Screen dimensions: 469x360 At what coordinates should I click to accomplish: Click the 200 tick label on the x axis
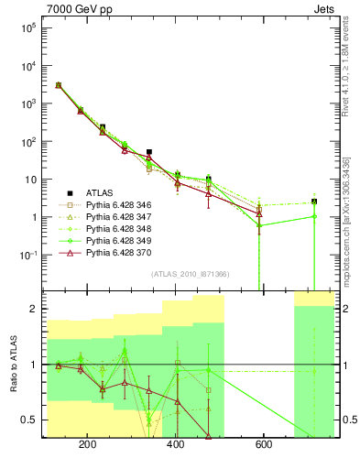pos(89,447)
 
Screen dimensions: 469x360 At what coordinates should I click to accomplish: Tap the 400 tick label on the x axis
pos(176,447)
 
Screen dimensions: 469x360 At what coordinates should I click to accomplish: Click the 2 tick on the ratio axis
pos(34,309)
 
